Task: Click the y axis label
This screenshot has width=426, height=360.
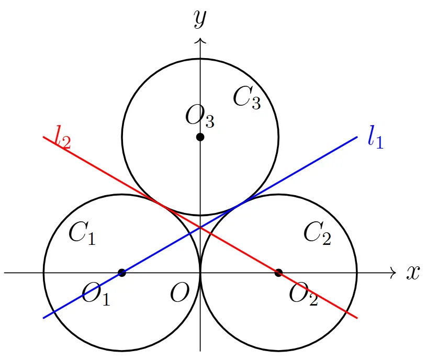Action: (x=200, y=18)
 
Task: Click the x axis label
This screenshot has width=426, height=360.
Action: (x=413, y=272)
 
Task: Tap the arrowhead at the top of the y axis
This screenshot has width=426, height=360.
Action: (x=200, y=41)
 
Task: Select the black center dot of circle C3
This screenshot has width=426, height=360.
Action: (x=200, y=137)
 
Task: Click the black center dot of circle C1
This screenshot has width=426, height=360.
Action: (x=122, y=273)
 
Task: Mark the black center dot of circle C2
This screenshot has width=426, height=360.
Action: (x=278, y=273)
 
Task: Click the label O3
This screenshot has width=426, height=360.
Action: (x=200, y=116)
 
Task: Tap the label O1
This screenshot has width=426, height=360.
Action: (x=96, y=294)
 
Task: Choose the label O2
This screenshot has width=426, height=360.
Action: (x=304, y=294)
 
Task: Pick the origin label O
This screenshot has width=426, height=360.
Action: (x=180, y=292)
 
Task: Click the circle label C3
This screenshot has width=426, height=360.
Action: (x=247, y=98)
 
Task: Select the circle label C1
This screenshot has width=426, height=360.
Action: (x=82, y=233)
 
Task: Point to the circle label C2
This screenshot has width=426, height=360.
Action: (x=317, y=233)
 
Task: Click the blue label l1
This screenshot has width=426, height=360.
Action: (x=376, y=137)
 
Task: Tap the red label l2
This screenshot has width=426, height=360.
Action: (x=62, y=137)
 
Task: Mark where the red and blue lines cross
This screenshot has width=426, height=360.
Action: (x=200, y=228)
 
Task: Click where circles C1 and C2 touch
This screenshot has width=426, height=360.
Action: (x=200, y=273)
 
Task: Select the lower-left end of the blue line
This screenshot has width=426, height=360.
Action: (x=44, y=318)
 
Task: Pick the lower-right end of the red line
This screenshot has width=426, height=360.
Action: (x=357, y=318)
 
